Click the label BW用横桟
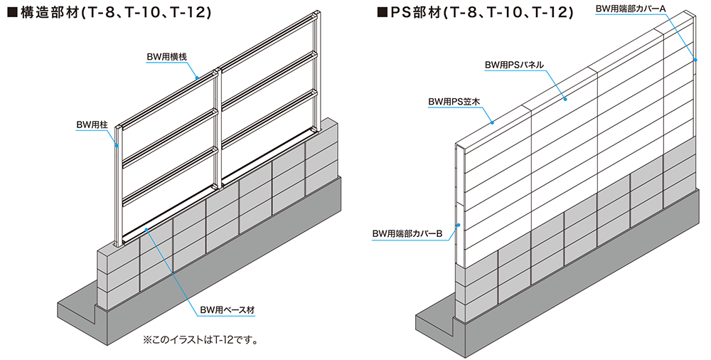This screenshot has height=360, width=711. click(166, 57)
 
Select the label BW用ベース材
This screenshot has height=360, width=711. click(228, 310)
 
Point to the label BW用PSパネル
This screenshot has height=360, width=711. click(514, 65)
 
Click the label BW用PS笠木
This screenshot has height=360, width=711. click(454, 102)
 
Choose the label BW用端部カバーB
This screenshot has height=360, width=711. click(407, 234)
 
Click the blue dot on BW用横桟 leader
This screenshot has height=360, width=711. click(197, 78)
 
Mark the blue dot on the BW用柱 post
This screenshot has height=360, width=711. click(117, 146)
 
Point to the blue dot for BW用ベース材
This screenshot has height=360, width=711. click(146, 230)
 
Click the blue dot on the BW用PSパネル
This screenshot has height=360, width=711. click(565, 98)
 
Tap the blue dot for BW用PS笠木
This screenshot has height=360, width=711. click(493, 122)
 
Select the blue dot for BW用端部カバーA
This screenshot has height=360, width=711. click(694, 59)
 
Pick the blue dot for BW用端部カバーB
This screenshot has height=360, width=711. click(459, 225)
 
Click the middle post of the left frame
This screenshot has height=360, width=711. click(217, 129)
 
